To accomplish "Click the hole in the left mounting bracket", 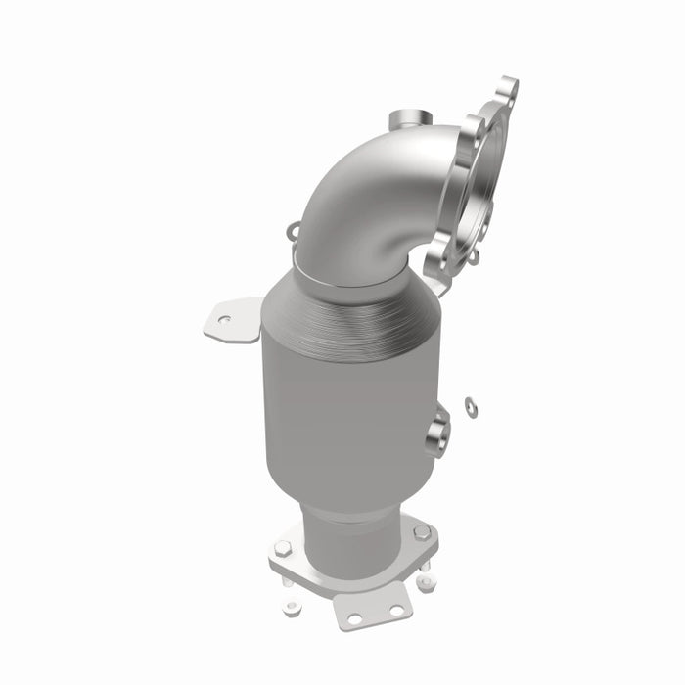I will click(x=224, y=319).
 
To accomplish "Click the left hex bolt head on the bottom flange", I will click(x=282, y=548).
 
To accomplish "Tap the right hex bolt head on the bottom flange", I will click(x=421, y=532).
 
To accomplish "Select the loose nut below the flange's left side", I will click(x=291, y=607).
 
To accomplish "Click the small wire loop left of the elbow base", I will click(x=294, y=232).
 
